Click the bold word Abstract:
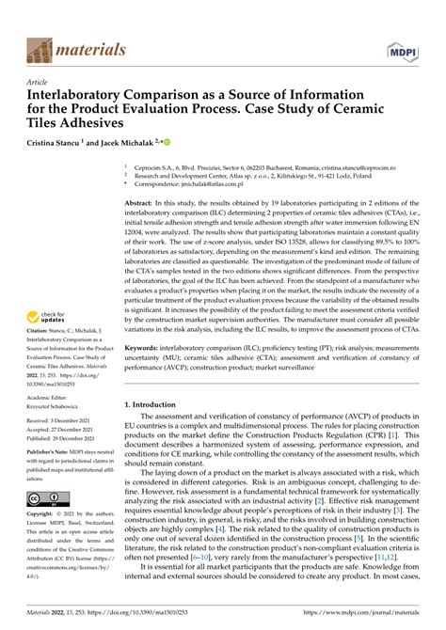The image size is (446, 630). (x=144, y=203)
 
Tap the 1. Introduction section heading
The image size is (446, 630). (x=155, y=404)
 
